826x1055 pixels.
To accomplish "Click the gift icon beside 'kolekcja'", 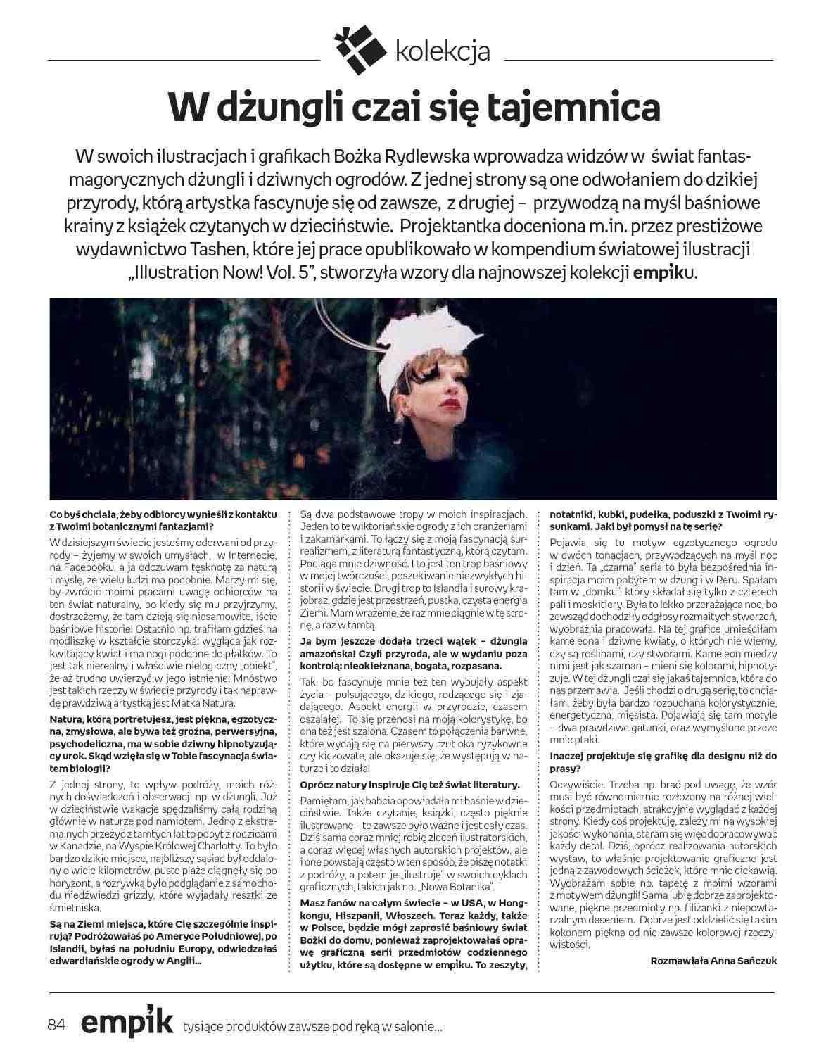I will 362,50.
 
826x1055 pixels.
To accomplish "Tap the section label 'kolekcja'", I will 443,51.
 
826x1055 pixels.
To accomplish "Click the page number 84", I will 57,1025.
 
